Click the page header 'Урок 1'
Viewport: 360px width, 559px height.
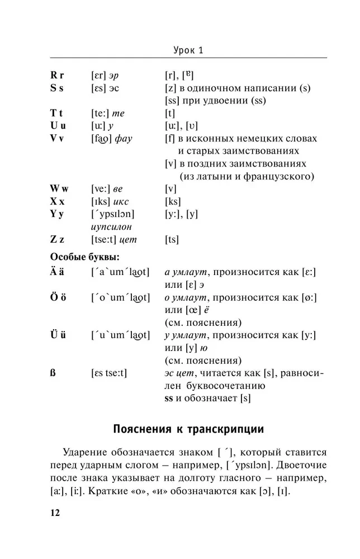(x=188, y=50)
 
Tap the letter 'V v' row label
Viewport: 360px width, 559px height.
(x=58, y=138)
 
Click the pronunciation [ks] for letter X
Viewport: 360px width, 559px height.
(x=172, y=201)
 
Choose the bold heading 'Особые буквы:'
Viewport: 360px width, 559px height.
(x=85, y=257)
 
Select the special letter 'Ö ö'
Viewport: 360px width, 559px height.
(x=58, y=297)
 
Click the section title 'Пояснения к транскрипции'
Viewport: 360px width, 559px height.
(x=189, y=430)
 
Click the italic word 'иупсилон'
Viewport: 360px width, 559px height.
(x=111, y=227)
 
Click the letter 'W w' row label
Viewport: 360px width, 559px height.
(x=59, y=189)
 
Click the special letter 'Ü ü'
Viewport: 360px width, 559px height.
(x=58, y=335)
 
